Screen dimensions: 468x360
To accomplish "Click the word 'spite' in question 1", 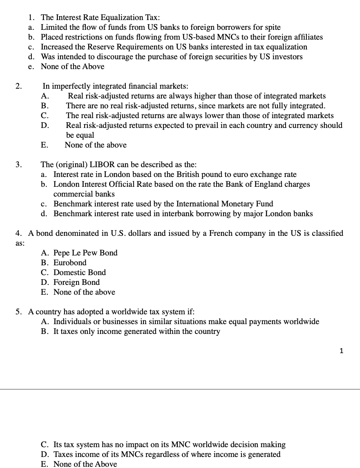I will click(272, 27).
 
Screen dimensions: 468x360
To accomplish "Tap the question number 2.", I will click(18, 86).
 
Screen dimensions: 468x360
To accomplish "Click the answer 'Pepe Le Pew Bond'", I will click(85, 253).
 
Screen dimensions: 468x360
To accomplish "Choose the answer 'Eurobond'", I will click(70, 263).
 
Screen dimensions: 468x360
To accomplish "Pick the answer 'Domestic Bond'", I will click(80, 273).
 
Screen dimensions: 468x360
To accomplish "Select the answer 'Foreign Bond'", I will click(76, 282).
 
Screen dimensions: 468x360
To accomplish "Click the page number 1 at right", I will click(342, 350).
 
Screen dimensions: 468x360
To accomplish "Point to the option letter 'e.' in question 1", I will click(31, 67).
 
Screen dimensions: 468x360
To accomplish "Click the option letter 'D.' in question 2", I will click(45, 125).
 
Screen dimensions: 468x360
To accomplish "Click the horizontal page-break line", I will click(180, 389).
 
